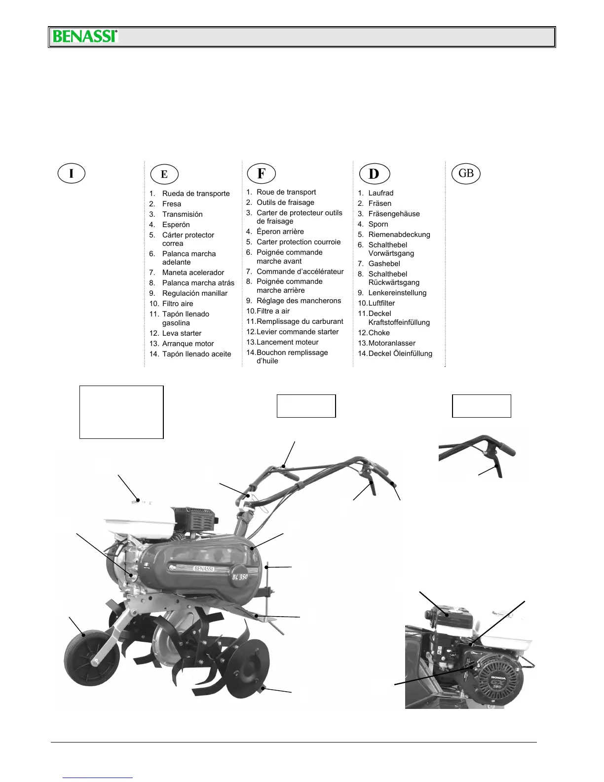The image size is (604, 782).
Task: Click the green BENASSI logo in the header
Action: tap(85, 37)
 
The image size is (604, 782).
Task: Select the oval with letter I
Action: tap(72, 173)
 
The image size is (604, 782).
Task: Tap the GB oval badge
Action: tap(466, 173)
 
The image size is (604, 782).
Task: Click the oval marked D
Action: tap(374, 174)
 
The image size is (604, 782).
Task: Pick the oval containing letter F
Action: tap(261, 173)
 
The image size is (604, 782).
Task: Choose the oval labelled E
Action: tap(164, 174)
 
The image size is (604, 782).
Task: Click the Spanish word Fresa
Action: tap(171, 204)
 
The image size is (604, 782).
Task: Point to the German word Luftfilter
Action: tap(381, 303)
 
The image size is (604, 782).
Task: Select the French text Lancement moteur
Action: tap(287, 342)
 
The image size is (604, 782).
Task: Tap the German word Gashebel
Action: tap(384, 264)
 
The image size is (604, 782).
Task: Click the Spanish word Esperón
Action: tap(176, 225)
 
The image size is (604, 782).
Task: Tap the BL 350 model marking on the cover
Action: tap(240, 576)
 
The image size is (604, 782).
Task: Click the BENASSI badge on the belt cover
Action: tap(203, 568)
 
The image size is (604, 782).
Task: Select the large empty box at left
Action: tap(121, 412)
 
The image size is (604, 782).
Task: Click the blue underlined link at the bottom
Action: tap(98, 777)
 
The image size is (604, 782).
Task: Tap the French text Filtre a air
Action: tap(272, 311)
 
